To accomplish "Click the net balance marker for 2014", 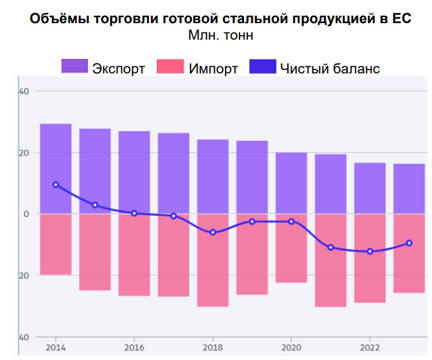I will point(56,185).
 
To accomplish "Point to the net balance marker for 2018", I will point(212,232).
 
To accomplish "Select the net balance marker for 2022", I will point(370,251).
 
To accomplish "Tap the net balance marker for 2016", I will point(134,213).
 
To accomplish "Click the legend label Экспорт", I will point(119,69).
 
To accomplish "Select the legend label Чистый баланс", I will point(330,69).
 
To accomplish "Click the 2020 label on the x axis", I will point(291,347).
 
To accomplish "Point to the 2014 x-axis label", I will point(56,347).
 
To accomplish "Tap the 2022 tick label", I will point(370,347).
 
